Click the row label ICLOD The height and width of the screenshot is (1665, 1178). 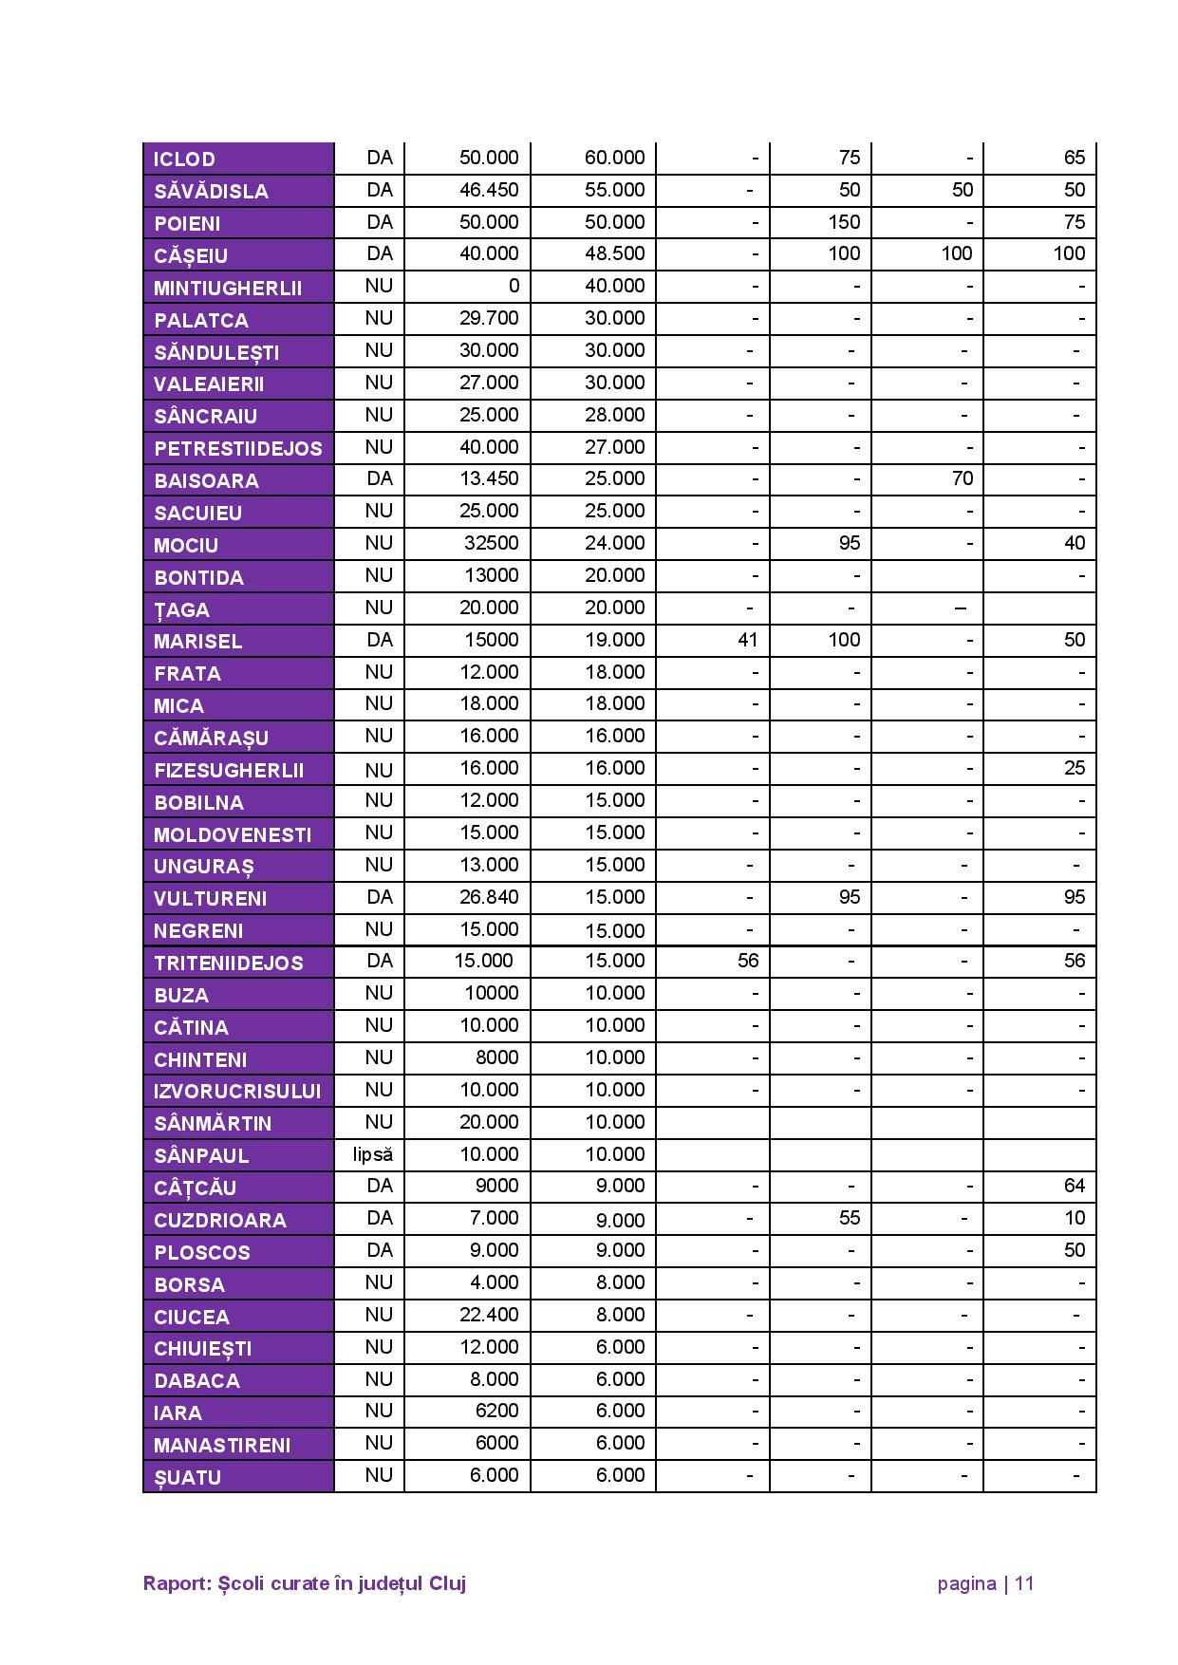(x=184, y=159)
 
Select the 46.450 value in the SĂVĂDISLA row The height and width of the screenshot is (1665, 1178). (x=489, y=190)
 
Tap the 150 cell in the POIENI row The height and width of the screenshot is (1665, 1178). (x=843, y=222)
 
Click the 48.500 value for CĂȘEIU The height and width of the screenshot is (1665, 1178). (x=614, y=253)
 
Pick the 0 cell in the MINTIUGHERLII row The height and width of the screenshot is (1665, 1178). (x=513, y=286)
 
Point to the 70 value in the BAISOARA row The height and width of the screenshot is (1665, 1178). (x=962, y=478)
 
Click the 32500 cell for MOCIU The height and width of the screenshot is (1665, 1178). (x=492, y=543)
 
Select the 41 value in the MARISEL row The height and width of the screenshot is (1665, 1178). (x=747, y=640)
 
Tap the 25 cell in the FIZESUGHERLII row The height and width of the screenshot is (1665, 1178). (x=1074, y=768)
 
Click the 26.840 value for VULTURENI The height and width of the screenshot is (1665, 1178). (x=489, y=897)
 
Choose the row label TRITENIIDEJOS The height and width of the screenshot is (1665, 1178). (x=228, y=963)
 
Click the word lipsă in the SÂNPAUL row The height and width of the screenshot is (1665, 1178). (x=372, y=1154)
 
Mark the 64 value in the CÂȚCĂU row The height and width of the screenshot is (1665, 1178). (x=1074, y=1186)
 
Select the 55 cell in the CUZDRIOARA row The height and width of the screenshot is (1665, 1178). (x=849, y=1218)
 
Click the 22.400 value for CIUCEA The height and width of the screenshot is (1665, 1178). (x=489, y=1315)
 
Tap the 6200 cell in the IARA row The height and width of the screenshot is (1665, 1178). (x=496, y=1411)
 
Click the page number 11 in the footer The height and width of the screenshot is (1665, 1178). (x=1023, y=1583)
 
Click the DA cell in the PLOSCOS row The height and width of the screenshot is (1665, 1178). (x=379, y=1250)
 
